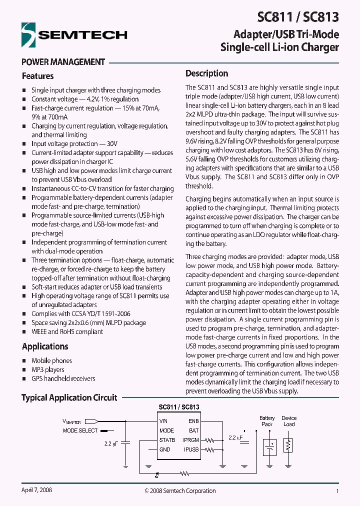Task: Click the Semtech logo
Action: click(x=74, y=35)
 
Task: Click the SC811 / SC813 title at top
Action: click(x=298, y=17)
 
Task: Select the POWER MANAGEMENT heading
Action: click(x=63, y=62)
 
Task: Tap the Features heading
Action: click(x=37, y=76)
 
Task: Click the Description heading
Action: click(x=206, y=73)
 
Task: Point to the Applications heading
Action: click(x=45, y=346)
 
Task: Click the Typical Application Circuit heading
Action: click(x=69, y=397)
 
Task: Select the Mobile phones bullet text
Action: click(x=51, y=360)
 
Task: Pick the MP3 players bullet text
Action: click(x=47, y=369)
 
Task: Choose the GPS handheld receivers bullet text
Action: click(x=63, y=378)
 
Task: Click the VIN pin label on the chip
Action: click(x=163, y=421)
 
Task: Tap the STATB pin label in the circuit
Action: click(x=167, y=440)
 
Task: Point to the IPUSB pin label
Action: click(x=190, y=449)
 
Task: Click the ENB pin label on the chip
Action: click(x=193, y=421)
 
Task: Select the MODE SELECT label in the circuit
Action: click(x=80, y=430)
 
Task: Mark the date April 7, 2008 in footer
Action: click(x=36, y=490)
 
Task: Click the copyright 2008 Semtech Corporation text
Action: click(x=180, y=491)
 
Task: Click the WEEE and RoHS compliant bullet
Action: click(x=67, y=331)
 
